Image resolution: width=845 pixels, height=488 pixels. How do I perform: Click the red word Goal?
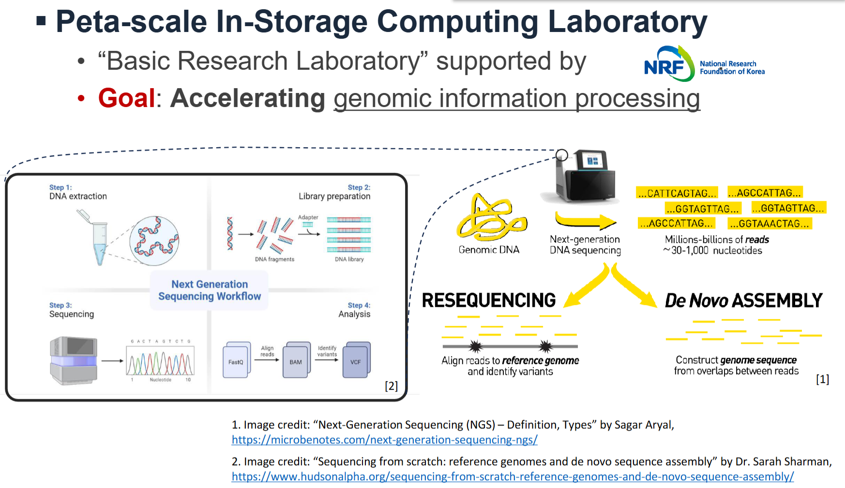coord(126,98)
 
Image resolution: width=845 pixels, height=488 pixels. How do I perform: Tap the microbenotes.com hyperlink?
coord(384,440)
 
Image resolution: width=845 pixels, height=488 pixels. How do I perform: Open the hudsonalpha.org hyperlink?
coord(513,477)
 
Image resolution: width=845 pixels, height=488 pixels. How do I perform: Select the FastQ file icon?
coord(236,360)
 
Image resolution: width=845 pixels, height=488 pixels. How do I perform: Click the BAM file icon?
coord(296,360)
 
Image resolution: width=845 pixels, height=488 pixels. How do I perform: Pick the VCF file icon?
coord(356,360)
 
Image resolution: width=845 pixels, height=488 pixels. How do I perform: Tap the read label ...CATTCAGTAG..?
coord(677,193)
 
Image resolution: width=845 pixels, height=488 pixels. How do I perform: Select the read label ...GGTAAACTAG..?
coord(770,224)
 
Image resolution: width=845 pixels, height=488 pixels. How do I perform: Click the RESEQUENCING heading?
coord(488,301)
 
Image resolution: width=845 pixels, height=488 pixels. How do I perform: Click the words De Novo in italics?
coord(696,301)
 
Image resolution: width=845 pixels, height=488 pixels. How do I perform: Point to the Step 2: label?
coord(359,187)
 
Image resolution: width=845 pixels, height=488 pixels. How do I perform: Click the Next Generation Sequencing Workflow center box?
coord(210,290)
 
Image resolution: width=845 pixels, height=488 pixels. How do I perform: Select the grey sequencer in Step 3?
coord(74,360)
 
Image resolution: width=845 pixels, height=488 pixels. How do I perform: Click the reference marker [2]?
coord(391,386)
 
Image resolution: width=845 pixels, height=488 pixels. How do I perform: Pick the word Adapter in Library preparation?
coord(308,217)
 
